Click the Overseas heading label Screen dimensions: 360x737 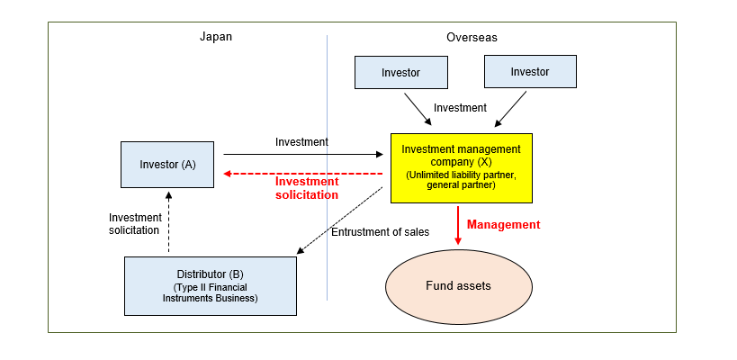point(472,37)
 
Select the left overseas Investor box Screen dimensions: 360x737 point(400,72)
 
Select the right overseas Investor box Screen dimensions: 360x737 point(529,72)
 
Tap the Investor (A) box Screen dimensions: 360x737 point(167,165)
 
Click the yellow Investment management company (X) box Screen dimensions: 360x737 point(461,166)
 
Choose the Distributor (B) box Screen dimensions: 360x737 point(210,285)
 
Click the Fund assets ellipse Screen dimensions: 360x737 point(458,286)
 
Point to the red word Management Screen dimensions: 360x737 point(504,224)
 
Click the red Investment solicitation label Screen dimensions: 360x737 point(307,187)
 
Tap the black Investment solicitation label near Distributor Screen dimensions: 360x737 point(135,223)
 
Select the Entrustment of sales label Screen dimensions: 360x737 point(380,232)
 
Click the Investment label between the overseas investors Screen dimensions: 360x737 point(460,108)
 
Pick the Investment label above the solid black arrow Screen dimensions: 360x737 point(301,141)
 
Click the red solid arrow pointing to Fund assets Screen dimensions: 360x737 point(458,225)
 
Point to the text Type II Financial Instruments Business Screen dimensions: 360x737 point(210,293)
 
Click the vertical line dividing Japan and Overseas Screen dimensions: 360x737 point(327,180)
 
